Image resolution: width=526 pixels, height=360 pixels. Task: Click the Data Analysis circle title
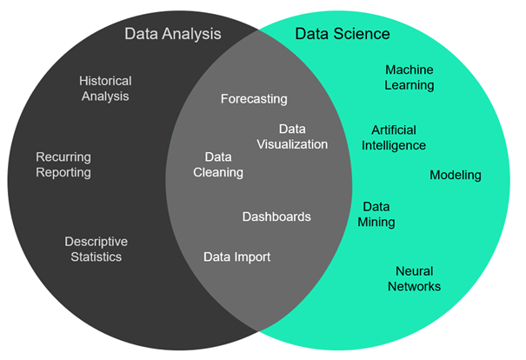coord(172,34)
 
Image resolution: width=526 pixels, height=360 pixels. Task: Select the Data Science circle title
coord(343,34)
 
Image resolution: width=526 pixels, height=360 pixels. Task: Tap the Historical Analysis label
coord(105,88)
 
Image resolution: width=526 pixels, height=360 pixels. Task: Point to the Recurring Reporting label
coord(63,164)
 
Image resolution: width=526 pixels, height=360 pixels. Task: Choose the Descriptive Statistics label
coord(96,249)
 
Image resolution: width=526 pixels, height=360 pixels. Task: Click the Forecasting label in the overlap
coord(254,99)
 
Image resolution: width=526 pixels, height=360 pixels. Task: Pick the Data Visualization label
coord(292,137)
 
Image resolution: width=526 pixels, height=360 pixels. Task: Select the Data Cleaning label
coord(218,164)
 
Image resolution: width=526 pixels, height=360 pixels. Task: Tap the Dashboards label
coord(276,217)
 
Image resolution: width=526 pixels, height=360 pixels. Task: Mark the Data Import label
coord(236,257)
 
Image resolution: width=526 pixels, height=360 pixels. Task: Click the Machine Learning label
coord(409,77)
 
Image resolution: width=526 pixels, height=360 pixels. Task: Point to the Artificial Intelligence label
coord(394,137)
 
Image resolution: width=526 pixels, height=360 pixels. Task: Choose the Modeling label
coord(456,175)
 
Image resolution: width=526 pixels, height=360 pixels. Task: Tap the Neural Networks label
coord(414,278)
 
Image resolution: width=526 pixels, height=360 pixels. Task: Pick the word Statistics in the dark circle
coord(96,257)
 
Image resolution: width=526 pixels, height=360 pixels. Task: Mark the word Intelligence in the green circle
coord(394,145)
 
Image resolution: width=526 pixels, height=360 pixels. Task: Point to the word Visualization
coord(292,144)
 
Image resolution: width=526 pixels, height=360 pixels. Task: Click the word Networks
coord(414,286)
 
